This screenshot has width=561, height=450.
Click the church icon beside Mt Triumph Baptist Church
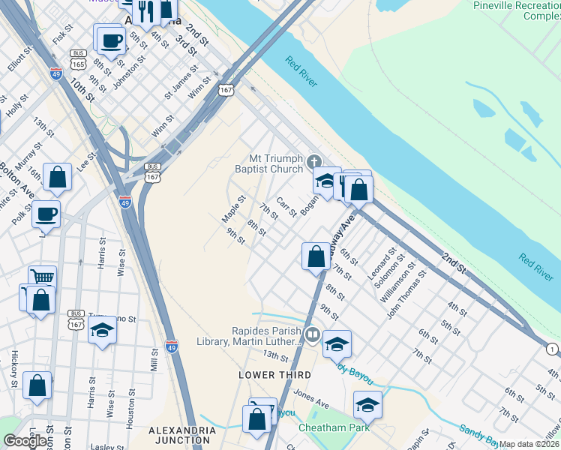314,160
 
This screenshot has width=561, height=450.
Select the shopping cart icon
43,277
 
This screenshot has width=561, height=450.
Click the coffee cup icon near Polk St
46,214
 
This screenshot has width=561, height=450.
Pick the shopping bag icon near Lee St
57,178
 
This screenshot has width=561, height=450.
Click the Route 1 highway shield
553,349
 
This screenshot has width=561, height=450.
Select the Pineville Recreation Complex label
517,10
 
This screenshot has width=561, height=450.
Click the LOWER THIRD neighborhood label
265,374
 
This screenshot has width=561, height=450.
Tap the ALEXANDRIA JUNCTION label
182,436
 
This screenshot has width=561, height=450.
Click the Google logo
25,441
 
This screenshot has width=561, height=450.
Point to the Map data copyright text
529,444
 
